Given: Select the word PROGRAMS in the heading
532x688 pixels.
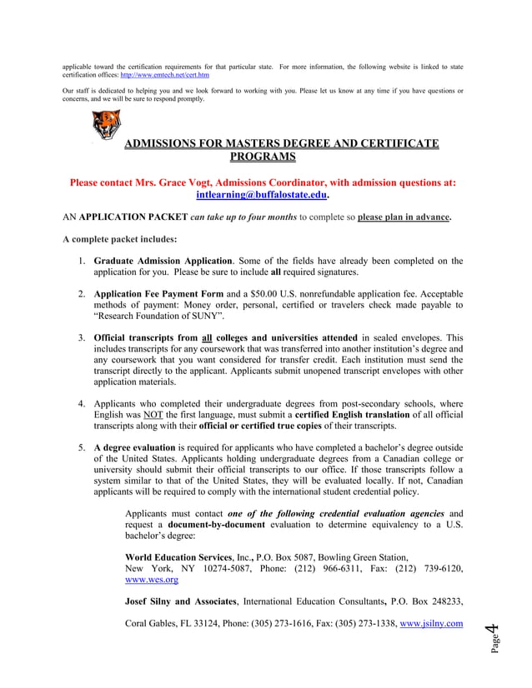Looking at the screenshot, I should pyautogui.click(x=263, y=157).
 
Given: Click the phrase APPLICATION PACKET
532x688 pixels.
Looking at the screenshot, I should pyautogui.click(x=133, y=217).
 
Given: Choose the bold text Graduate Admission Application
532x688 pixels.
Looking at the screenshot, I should pyautogui.click(x=163, y=262).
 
